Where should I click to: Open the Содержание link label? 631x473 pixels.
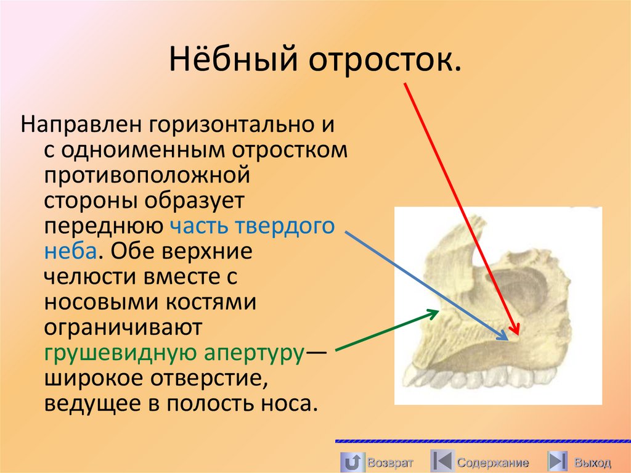click(492, 462)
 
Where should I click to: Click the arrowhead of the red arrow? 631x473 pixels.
click(515, 331)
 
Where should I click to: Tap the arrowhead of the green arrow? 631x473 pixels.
click(435, 313)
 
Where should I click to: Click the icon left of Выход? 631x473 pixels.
click(557, 461)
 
